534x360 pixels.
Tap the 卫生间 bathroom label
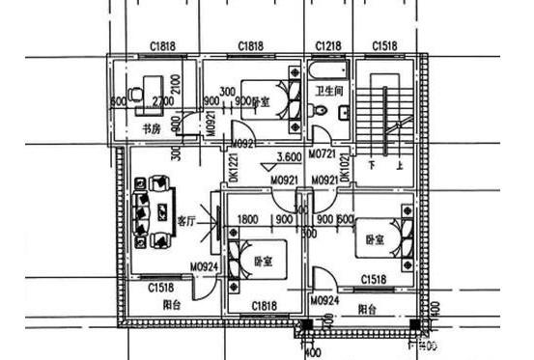(x=329, y=92)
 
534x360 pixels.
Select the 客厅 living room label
(x=186, y=220)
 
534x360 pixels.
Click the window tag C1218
(x=330, y=46)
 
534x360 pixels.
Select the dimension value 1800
(x=246, y=218)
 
